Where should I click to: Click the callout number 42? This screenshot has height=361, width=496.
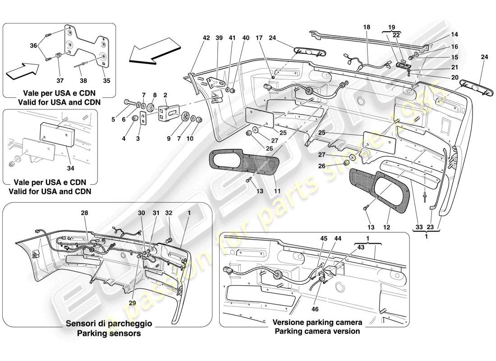206,39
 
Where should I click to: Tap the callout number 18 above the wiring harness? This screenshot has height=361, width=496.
367,28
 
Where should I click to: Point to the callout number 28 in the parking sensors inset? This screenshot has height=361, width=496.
85,213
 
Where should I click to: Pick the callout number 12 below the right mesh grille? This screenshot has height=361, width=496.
386,227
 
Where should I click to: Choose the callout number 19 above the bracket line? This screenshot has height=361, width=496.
391,27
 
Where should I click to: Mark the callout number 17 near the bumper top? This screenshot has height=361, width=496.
272,39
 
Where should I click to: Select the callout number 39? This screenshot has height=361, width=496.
220,39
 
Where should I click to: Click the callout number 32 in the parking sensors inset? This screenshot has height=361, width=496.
168,213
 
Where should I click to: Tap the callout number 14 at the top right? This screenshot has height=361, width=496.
454,34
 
